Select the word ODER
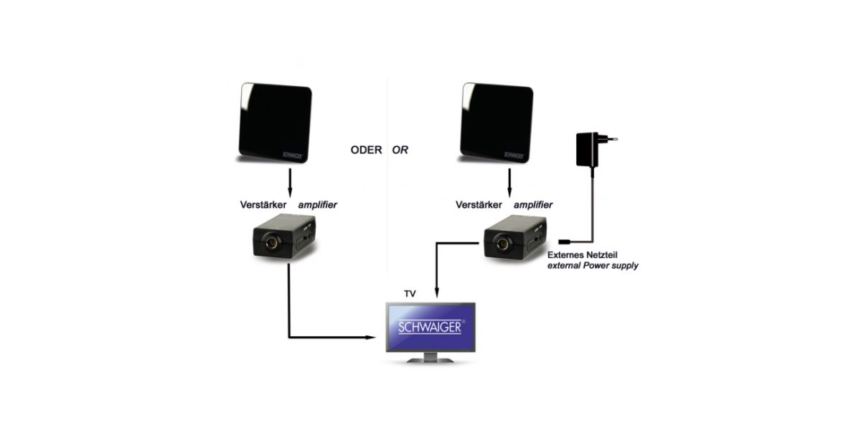click(x=366, y=150)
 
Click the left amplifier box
click(x=285, y=239)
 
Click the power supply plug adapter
click(x=591, y=151)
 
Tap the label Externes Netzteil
click(x=583, y=254)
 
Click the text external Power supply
click(x=593, y=266)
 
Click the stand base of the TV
click(x=429, y=360)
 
